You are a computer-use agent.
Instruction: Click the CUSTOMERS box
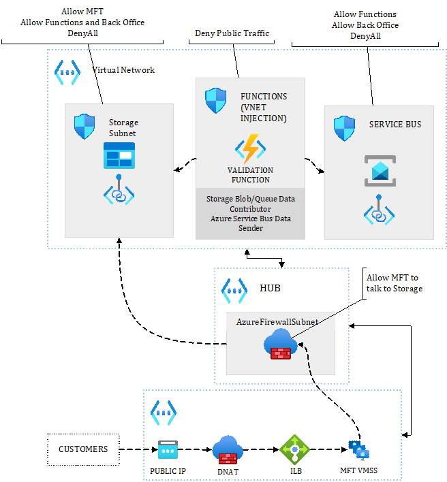coord(83,449)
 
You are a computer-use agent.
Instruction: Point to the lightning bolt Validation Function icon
coord(250,149)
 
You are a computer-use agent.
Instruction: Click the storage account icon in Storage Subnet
coord(119,155)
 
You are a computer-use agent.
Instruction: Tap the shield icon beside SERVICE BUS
coord(343,127)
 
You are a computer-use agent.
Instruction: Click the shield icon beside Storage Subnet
coord(84,127)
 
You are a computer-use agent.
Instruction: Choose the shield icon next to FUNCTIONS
coord(215,101)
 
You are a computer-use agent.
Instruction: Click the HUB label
coord(270,288)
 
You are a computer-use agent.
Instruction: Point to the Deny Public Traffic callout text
coord(232,33)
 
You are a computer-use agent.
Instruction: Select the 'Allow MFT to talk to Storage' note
coord(394,283)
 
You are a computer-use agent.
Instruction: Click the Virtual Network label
coord(123,69)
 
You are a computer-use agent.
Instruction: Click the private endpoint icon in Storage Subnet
coord(119,191)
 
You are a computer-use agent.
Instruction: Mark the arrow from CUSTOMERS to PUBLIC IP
coord(136,449)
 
